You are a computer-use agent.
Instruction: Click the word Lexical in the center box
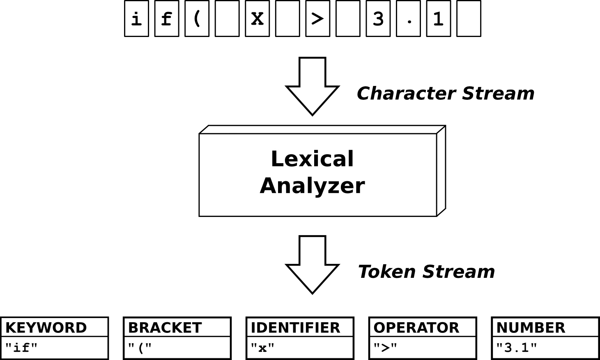(x=311, y=159)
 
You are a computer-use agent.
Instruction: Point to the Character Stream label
(x=445, y=94)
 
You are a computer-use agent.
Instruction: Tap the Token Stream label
(x=427, y=272)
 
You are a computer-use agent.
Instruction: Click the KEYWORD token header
(x=46, y=328)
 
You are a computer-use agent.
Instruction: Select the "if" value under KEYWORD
(x=21, y=348)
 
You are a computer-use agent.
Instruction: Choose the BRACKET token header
(x=165, y=328)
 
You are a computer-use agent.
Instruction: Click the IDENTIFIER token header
(x=296, y=328)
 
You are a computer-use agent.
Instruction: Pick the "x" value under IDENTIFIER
(x=262, y=348)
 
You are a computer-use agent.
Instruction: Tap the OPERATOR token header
(x=416, y=328)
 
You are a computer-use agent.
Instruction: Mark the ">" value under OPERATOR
(x=385, y=348)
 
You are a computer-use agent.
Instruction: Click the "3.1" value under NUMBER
(x=517, y=348)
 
